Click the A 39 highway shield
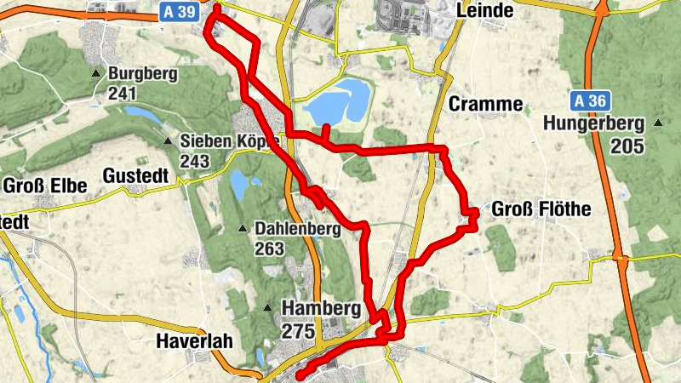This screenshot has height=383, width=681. point(180,11)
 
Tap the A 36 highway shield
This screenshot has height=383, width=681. point(590,100)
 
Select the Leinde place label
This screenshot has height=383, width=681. point(485,10)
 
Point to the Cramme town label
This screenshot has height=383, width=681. point(485,104)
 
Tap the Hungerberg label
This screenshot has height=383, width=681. point(596,124)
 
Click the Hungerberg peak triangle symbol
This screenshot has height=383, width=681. point(658,124)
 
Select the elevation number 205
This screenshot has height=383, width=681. point(627,146)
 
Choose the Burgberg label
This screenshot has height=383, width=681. point(142,74)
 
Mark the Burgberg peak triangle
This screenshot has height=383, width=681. point(99,74)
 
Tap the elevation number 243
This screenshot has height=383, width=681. point(195,160)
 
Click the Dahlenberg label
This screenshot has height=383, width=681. point(297,228)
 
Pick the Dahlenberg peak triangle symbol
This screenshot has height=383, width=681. point(243,228)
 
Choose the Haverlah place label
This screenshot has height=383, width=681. point(192,342)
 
